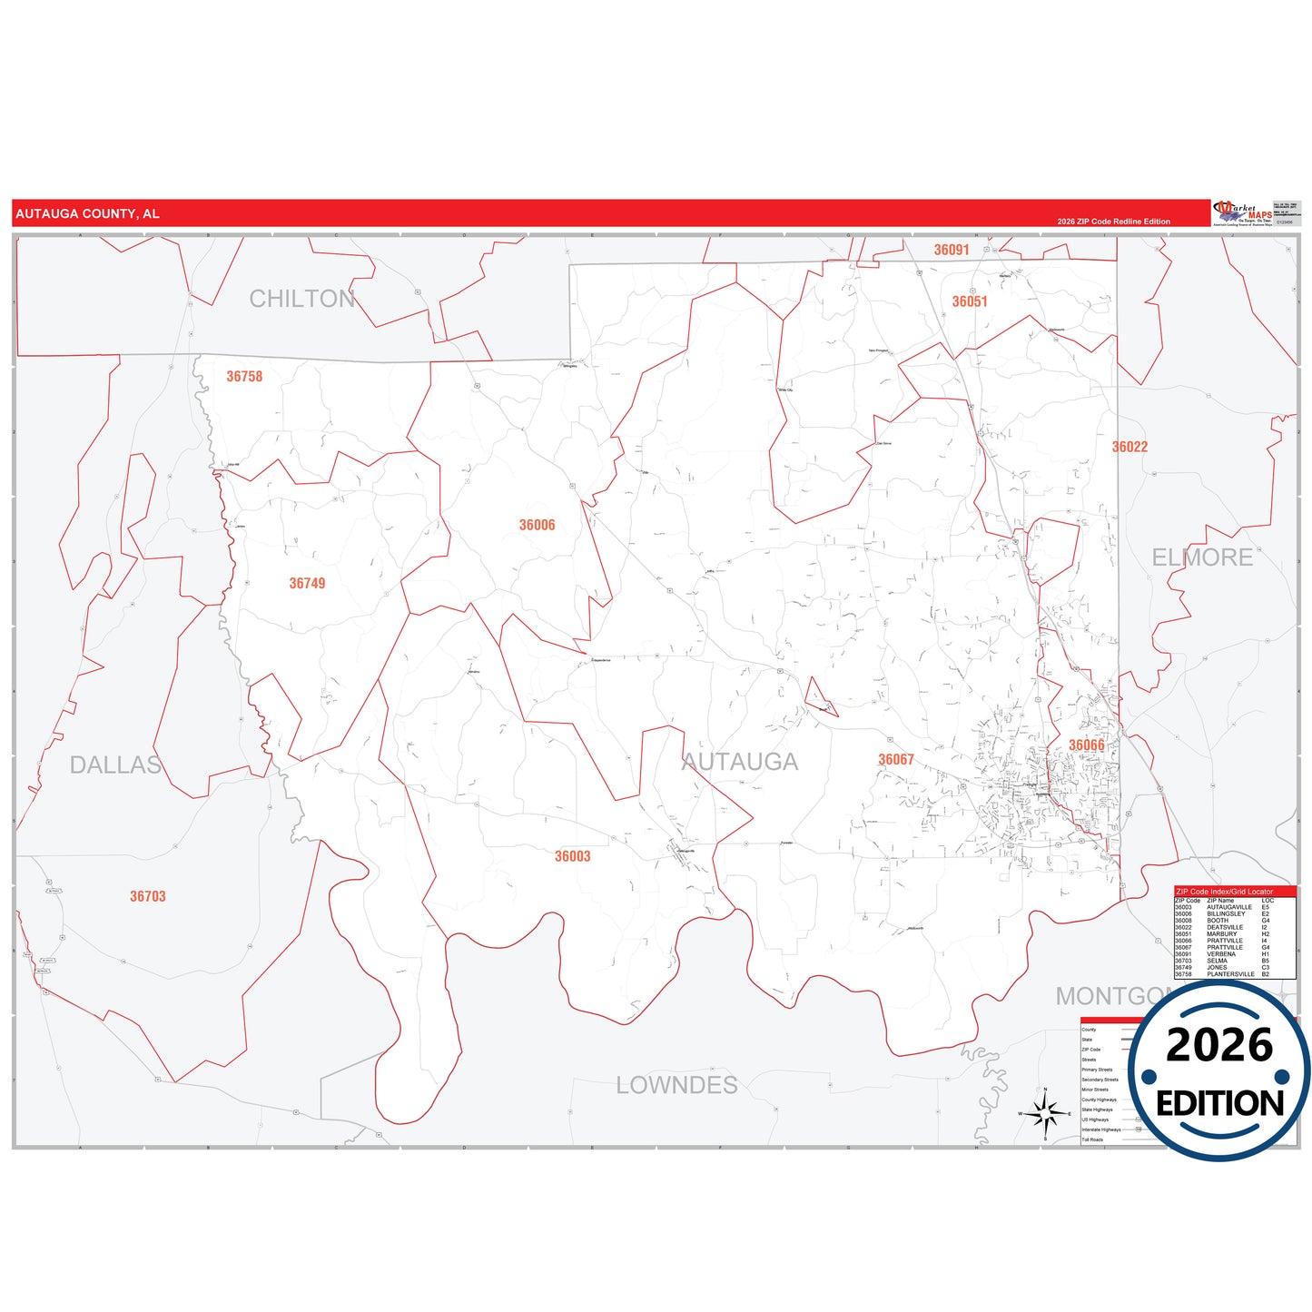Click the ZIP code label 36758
coord(244,377)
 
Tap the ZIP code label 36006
coord(537,526)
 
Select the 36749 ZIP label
coord(307,584)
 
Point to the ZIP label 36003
coord(572,856)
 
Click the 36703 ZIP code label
coord(147,896)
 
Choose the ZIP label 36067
coord(895,760)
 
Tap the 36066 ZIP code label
coord(1086,745)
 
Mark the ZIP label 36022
coord(1130,447)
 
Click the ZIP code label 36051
coord(969,301)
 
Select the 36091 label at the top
coord(951,250)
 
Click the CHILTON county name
coord(301,299)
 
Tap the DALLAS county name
coord(115,765)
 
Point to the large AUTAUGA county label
coord(740,762)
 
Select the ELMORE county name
coord(1202,557)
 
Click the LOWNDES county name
coord(676,1085)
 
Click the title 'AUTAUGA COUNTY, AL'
coord(87,214)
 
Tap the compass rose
coord(1045,1112)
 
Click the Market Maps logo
coord(1241,213)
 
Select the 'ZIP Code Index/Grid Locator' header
coord(1224,892)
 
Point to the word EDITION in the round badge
coord(1219,1103)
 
